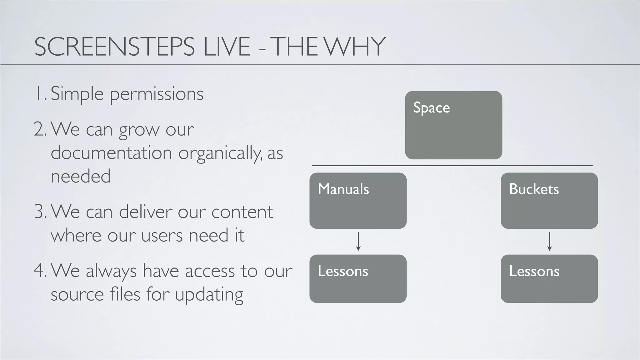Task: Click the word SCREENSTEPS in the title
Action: [x=114, y=47]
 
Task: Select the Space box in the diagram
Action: [x=453, y=125]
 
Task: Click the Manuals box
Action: [x=358, y=200]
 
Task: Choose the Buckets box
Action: [x=549, y=200]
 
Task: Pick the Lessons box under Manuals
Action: [x=358, y=278]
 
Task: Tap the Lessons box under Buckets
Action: [x=549, y=278]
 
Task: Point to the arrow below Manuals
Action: [x=358, y=241]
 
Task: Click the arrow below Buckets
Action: [x=550, y=241]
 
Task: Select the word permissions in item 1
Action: [x=157, y=94]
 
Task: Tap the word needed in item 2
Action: [x=81, y=176]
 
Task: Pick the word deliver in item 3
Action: [x=146, y=212]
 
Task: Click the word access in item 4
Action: [x=210, y=271]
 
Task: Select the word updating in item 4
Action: [x=209, y=295]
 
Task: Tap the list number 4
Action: [x=40, y=271]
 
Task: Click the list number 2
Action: [x=40, y=129]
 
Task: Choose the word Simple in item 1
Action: [x=77, y=94]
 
